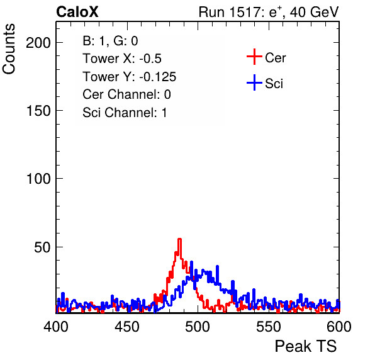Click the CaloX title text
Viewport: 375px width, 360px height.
(x=77, y=12)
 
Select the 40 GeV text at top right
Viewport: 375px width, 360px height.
(x=314, y=12)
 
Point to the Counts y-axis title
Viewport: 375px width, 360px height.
(x=9, y=49)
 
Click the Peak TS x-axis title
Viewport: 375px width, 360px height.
(x=306, y=346)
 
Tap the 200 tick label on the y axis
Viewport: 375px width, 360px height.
(x=38, y=43)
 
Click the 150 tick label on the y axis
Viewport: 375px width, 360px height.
(x=38, y=111)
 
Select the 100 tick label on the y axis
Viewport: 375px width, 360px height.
(x=38, y=179)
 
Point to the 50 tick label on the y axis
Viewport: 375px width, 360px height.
(x=42, y=247)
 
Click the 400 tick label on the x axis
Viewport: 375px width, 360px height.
(x=56, y=327)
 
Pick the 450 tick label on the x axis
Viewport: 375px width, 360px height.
(x=126, y=327)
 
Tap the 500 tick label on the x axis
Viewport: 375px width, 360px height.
(x=198, y=327)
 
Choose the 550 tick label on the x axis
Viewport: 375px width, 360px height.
(x=268, y=327)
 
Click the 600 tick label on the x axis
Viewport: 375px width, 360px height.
(x=339, y=327)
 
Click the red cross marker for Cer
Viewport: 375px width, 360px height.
(x=254, y=57)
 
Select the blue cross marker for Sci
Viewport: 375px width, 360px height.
(x=254, y=83)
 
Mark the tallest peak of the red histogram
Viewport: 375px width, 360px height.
(x=179, y=239)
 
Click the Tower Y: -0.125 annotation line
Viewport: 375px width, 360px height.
(x=130, y=77)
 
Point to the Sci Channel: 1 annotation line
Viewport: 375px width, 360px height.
(x=125, y=113)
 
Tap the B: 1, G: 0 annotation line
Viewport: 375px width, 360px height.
(x=110, y=41)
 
